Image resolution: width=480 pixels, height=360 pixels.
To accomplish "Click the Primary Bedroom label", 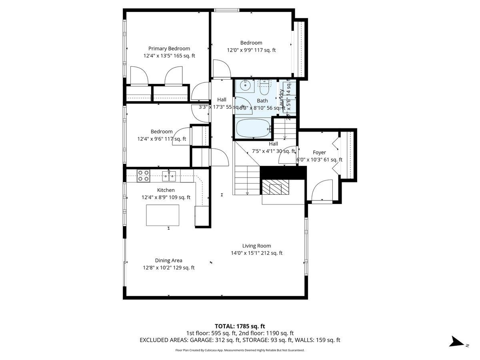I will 169,48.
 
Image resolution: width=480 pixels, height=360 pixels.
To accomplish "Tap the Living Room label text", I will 256,246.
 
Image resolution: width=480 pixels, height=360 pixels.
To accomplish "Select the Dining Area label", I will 168,260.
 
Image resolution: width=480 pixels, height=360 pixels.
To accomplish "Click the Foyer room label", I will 319,152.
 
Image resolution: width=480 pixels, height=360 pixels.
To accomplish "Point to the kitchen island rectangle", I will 162,215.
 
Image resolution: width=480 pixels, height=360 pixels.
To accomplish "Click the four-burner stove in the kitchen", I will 144,175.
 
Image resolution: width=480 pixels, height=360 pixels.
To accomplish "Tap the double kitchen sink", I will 169,175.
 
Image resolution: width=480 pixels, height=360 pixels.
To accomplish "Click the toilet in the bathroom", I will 264,87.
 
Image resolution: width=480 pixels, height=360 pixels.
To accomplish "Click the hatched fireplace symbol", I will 275,186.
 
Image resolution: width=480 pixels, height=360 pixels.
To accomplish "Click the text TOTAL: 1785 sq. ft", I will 240,326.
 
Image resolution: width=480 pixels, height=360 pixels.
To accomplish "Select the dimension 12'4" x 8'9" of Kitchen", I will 166,197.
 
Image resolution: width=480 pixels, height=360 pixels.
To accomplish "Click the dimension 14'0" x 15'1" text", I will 256,253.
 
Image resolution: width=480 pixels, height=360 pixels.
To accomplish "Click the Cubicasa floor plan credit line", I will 240,350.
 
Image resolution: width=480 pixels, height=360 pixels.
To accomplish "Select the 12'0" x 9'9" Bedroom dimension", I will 251,50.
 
